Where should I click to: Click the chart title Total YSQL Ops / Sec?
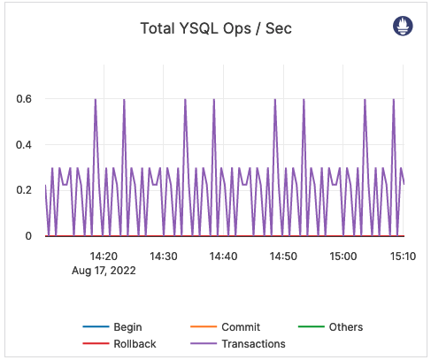(216, 28)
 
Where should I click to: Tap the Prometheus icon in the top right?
(403, 27)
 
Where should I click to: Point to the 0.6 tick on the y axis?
(25, 99)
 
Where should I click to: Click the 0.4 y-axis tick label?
(25, 145)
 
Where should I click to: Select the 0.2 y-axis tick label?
(25, 190)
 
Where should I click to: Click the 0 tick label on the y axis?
(30, 236)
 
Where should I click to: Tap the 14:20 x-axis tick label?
(104, 256)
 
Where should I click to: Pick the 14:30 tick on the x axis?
(164, 256)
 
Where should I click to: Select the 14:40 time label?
(223, 256)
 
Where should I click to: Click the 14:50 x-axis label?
(282, 256)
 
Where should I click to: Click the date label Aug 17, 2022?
(104, 272)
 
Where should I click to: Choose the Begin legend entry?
(127, 327)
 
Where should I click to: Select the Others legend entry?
(345, 327)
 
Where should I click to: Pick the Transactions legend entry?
(252, 343)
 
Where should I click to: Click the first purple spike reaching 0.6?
(95, 100)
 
